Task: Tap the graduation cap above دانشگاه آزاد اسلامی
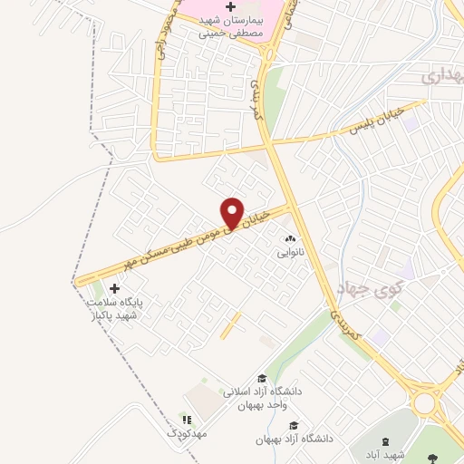(262, 380)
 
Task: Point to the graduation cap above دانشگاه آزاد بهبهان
(292, 425)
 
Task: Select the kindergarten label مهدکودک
(187, 434)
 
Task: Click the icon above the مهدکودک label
(187, 420)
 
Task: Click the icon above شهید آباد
(388, 441)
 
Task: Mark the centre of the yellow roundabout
(427, 399)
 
